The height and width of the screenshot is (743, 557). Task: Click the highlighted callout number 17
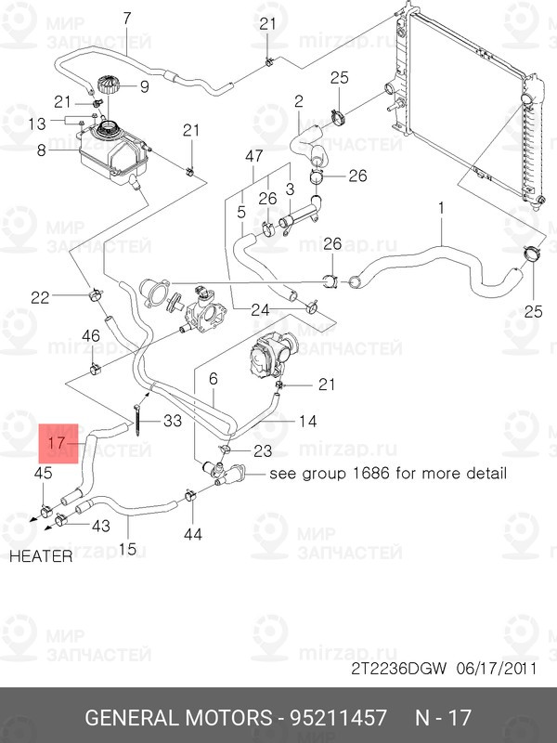pos(55,443)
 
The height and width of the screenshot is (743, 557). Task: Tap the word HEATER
pos(42,557)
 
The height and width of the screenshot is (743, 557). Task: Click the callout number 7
pos(127,18)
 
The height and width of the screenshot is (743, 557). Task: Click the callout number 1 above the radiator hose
pos(442,208)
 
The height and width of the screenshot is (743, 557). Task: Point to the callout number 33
pos(173,421)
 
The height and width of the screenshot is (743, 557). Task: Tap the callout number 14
pos(308,422)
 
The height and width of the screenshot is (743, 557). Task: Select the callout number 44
pos(192,533)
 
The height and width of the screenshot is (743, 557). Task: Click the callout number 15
pos(127,549)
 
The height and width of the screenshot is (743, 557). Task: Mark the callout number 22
pos(40,297)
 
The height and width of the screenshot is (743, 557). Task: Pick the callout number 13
pos(36,123)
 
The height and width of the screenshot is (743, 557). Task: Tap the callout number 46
pos(92,335)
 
